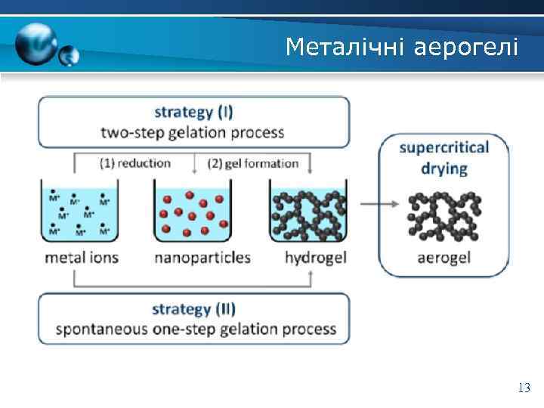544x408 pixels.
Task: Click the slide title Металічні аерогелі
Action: click(401, 48)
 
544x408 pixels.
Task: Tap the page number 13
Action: click(524, 388)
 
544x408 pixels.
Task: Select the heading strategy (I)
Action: click(193, 113)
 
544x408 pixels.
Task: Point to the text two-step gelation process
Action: click(193, 133)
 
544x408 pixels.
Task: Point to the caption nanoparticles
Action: click(202, 258)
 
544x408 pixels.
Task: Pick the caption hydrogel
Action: click(315, 258)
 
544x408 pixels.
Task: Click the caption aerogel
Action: click(444, 258)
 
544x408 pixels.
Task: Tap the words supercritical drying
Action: click(444, 157)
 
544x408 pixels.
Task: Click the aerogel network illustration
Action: click(444, 214)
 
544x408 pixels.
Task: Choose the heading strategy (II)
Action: click(193, 309)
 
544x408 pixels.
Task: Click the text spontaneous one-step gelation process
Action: click(196, 329)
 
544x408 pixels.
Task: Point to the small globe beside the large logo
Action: click(70, 54)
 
